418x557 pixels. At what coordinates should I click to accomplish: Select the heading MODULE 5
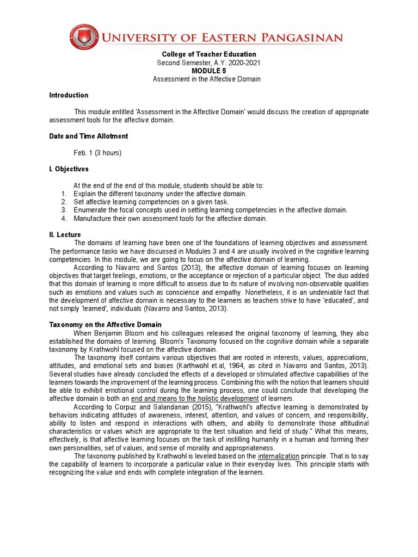point(208,71)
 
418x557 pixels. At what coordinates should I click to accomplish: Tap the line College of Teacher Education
point(209,54)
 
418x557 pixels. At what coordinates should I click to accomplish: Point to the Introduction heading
point(69,95)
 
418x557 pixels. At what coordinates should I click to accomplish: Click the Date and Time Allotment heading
point(89,136)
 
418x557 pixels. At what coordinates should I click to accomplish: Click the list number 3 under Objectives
point(64,210)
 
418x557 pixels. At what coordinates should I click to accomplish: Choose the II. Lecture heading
point(65,234)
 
